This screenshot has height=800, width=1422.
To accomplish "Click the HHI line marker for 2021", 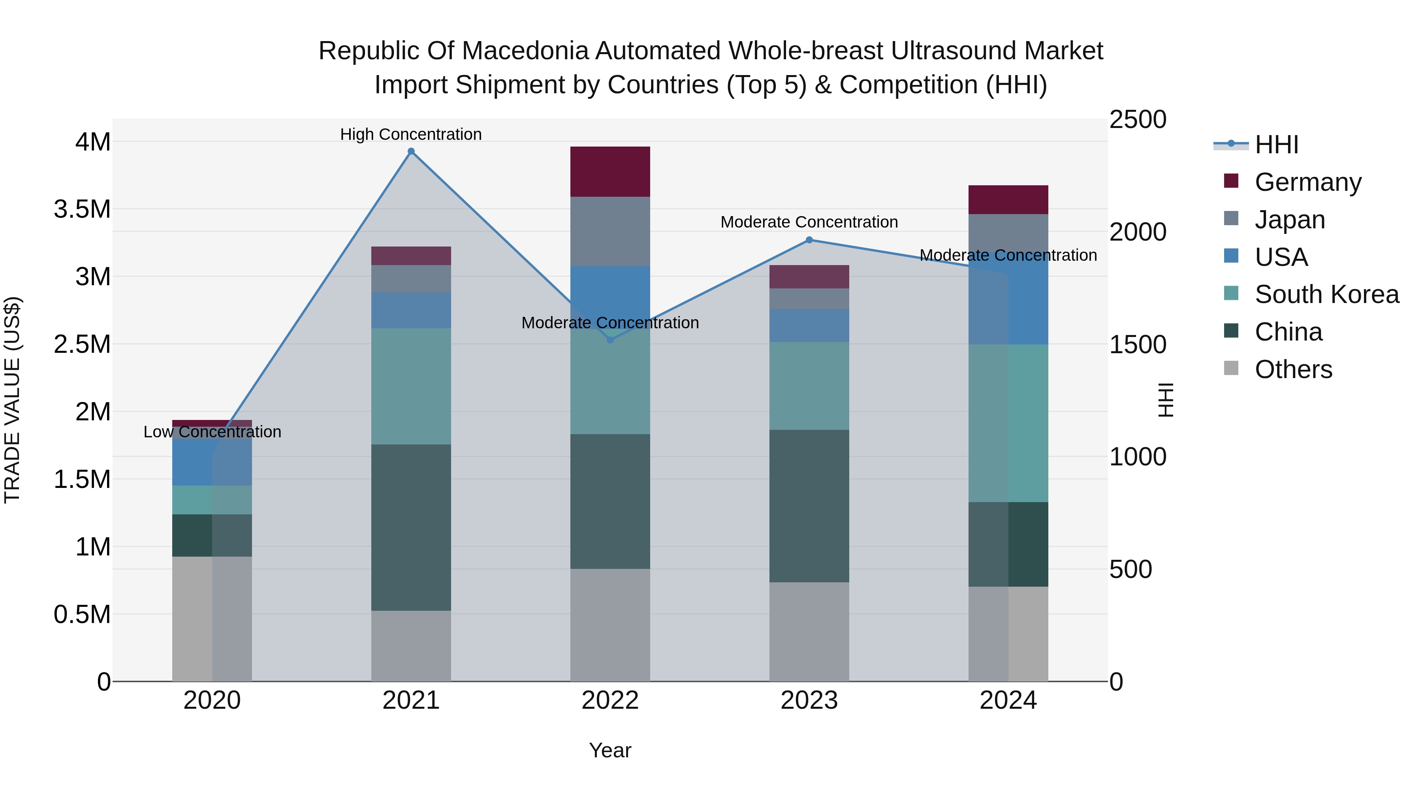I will pos(411,151).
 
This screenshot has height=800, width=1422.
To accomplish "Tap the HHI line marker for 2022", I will pos(610,339).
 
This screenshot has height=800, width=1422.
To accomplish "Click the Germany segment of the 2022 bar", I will pos(610,172).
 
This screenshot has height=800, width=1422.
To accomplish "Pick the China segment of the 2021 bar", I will pos(411,527).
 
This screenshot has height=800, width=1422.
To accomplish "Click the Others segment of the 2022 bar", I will pos(610,625).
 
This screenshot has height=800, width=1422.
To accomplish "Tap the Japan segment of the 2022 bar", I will pos(610,232).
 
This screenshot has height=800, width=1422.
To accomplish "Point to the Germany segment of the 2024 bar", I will pos(1008,200).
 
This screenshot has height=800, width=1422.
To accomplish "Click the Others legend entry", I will pos(1293,369).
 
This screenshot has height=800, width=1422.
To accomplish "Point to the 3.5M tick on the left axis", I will pos(82,209).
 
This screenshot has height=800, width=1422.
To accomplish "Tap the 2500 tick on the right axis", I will pos(1138,120).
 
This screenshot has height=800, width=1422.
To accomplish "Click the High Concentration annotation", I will pos(411,134).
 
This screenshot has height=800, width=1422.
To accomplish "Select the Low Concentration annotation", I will pos(212,432).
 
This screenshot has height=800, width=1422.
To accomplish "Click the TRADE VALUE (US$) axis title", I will pos(12,400).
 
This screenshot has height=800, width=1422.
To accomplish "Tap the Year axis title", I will pos(610,750).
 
